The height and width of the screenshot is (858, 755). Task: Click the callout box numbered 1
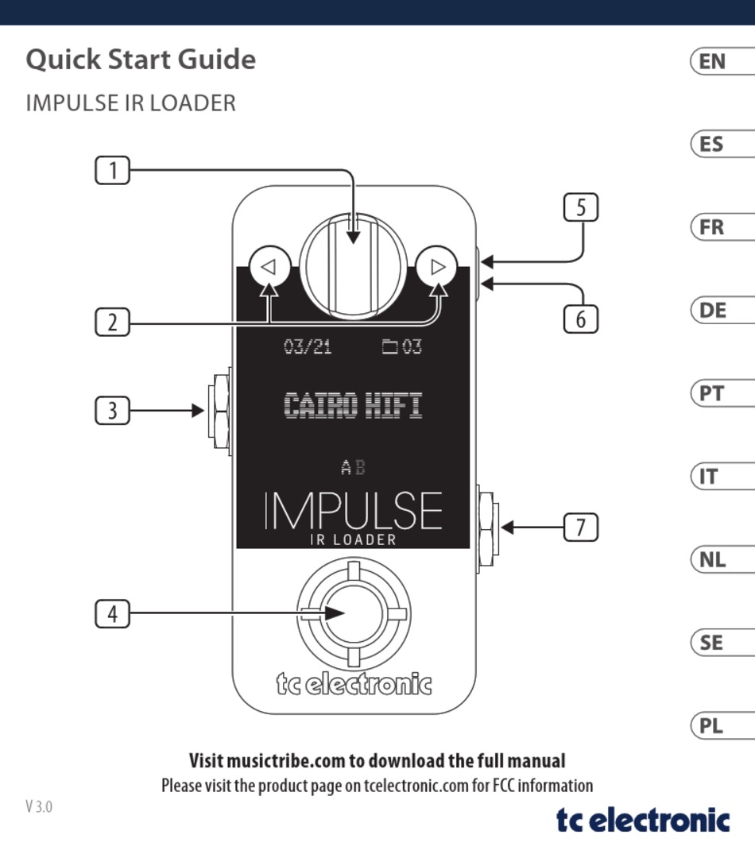click(112, 170)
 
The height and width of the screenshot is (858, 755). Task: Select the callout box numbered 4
click(112, 613)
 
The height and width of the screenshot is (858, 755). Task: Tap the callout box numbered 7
click(580, 527)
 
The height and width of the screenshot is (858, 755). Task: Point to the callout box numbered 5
click(580, 207)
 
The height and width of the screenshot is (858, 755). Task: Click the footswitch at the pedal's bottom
click(354, 613)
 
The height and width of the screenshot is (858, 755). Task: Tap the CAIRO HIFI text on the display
click(353, 405)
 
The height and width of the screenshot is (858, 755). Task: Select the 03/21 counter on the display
click(308, 346)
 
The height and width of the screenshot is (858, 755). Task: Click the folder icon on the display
click(390, 346)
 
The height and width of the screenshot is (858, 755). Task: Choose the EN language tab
click(722, 60)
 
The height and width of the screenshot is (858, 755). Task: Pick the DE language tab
click(722, 311)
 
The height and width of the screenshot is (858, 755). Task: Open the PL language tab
click(722, 725)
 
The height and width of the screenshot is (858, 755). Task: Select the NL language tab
click(722, 559)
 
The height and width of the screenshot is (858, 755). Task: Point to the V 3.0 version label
click(39, 806)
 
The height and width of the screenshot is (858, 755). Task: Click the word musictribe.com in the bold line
click(286, 760)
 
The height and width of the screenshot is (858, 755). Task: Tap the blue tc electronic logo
click(643, 820)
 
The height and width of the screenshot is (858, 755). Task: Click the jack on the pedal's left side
click(219, 411)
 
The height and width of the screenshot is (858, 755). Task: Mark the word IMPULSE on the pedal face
click(353, 510)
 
